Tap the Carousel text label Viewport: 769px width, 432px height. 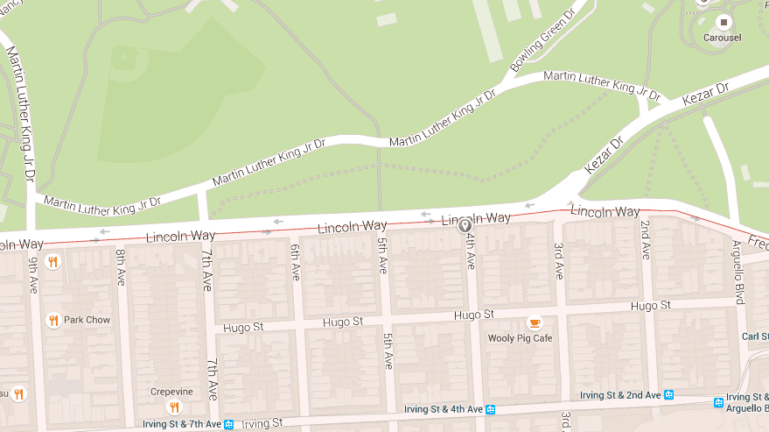[724, 39]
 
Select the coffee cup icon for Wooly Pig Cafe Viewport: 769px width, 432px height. [534, 322]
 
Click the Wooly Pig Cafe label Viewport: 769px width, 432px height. [520, 338]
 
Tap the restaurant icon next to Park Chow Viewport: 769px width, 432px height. [52, 320]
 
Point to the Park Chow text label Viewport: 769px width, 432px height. [87, 320]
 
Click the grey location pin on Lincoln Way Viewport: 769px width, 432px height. [465, 226]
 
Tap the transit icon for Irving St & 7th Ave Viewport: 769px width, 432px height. [229, 425]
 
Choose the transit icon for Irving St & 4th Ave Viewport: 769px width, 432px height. [491, 409]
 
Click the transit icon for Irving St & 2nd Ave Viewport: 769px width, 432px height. [668, 395]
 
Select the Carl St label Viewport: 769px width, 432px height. [754, 336]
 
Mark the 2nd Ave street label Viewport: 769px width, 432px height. [646, 237]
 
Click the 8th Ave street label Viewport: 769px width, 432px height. [121, 267]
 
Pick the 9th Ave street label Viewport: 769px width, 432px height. [33, 274]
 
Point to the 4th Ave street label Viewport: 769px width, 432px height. [470, 251]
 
